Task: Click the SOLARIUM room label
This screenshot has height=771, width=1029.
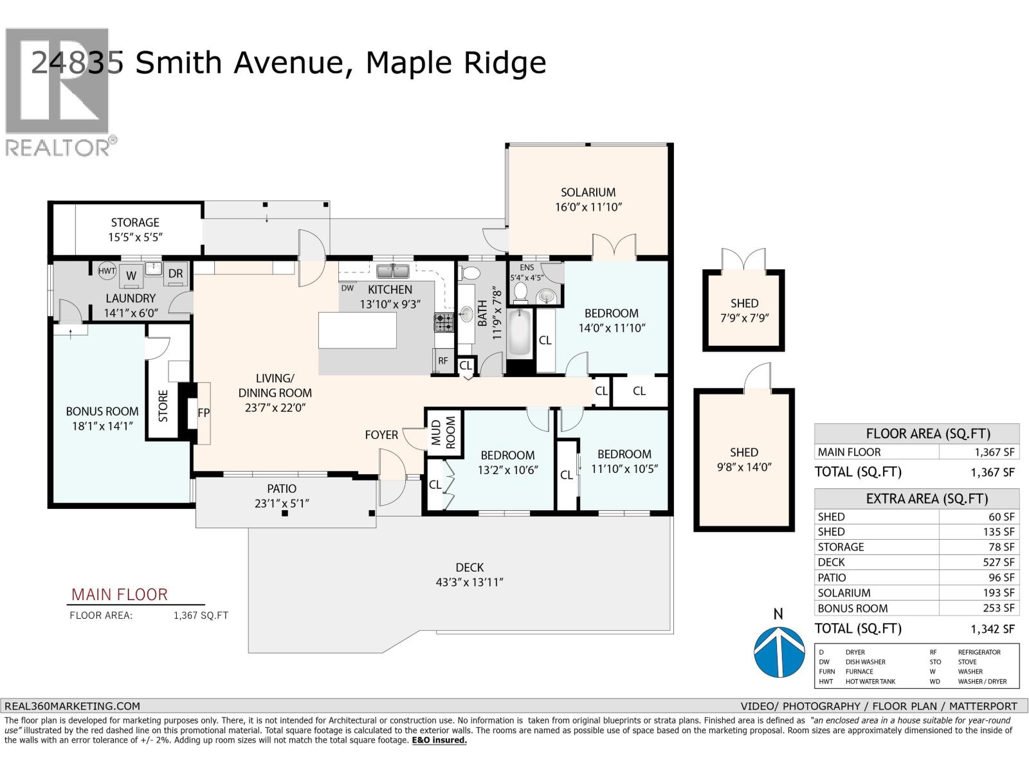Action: click(588, 192)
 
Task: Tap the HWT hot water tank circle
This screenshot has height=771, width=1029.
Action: click(107, 271)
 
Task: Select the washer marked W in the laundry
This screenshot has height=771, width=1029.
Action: click(131, 276)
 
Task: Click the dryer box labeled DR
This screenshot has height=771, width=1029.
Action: click(176, 274)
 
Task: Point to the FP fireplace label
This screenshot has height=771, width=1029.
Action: click(203, 413)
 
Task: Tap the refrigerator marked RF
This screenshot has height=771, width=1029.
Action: click(443, 360)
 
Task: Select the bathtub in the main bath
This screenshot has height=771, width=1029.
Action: click(519, 333)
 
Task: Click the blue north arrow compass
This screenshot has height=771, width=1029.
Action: click(779, 652)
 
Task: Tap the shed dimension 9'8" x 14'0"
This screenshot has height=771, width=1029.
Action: click(744, 467)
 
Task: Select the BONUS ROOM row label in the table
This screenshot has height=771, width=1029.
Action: click(852, 608)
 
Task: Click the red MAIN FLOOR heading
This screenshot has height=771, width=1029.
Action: click(119, 594)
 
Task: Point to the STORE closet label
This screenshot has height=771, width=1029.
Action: click(163, 406)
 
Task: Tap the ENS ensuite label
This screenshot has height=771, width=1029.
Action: click(527, 268)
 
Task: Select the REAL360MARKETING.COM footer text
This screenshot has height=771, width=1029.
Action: click(72, 705)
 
